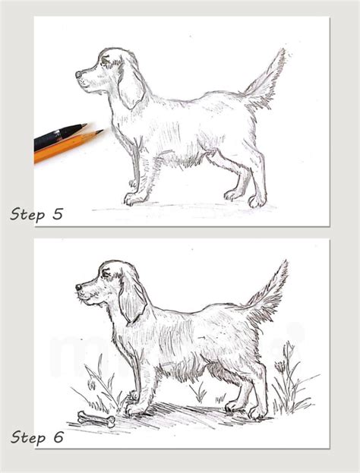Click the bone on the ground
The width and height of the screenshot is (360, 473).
click(96, 419)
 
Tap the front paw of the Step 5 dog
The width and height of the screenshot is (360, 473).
click(134, 199)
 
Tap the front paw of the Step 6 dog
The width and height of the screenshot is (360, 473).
click(135, 411)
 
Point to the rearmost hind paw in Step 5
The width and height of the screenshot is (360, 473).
click(257, 201)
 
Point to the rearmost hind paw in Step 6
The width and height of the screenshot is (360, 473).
click(258, 413)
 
